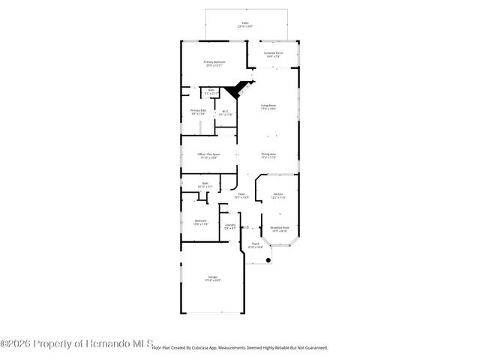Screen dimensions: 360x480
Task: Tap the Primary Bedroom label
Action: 214,64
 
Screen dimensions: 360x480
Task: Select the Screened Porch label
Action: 274,55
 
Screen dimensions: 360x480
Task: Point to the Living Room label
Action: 268,107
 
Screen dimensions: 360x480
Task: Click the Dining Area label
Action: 268,156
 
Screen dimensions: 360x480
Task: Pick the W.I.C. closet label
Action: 225,113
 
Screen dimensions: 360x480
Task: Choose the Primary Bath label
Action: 198,112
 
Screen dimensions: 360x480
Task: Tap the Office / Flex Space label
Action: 208,156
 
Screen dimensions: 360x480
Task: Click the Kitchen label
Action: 277,196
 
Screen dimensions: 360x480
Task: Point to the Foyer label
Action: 241,196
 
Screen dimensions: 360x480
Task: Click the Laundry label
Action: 230,226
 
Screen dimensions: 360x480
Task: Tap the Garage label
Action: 213,278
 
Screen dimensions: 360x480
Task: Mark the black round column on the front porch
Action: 268,260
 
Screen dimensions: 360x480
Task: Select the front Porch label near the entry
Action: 255,245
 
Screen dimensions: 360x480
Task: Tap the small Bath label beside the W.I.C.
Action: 211,91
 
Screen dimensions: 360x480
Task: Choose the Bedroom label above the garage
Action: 201,222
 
